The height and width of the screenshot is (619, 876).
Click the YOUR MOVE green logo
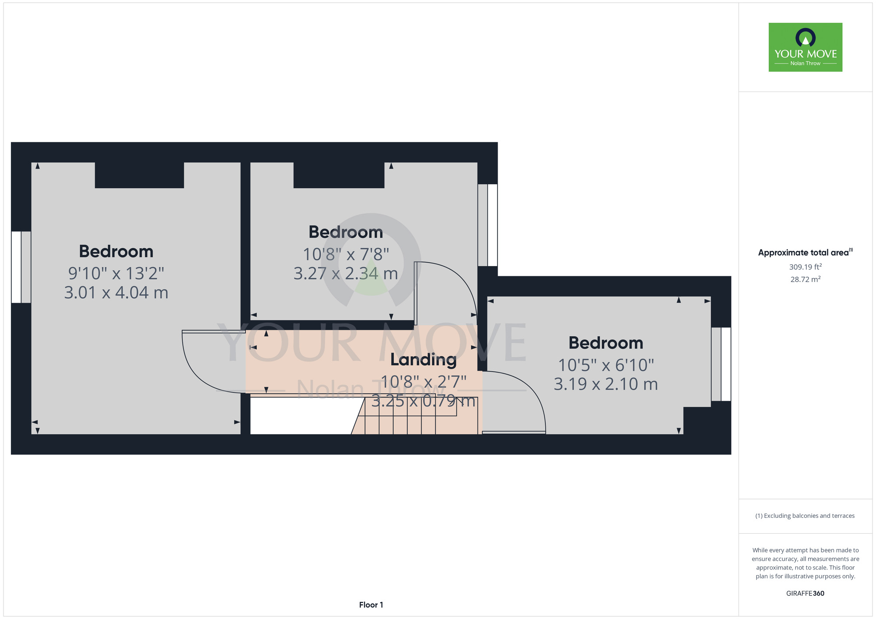[805, 47]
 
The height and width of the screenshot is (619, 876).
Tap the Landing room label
[424, 360]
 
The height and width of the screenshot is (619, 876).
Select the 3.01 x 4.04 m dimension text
[116, 292]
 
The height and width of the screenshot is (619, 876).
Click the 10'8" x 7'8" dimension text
[346, 254]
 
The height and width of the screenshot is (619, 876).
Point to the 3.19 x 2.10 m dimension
[606, 384]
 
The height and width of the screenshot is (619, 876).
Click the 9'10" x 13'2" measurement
[116, 273]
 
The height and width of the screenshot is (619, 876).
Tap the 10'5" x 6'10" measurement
[606, 365]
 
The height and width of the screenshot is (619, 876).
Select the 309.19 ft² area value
[805, 267]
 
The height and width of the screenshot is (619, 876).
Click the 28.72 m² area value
[805, 279]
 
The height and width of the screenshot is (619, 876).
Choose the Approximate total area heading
[805, 253]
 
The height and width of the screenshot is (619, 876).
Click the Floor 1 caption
[371, 605]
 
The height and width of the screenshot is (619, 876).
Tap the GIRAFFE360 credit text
[805, 594]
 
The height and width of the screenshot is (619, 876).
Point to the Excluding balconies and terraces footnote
[805, 516]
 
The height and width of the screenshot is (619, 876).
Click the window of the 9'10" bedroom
[21, 267]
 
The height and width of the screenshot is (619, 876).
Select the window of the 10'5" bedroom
[721, 364]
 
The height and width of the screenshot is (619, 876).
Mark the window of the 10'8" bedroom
[487, 225]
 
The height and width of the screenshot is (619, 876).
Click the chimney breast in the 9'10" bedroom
[139, 175]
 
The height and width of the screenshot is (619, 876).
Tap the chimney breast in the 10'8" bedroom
[339, 175]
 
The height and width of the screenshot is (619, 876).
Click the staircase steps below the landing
[414, 416]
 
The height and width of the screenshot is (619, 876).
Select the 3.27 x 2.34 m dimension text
[346, 273]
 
